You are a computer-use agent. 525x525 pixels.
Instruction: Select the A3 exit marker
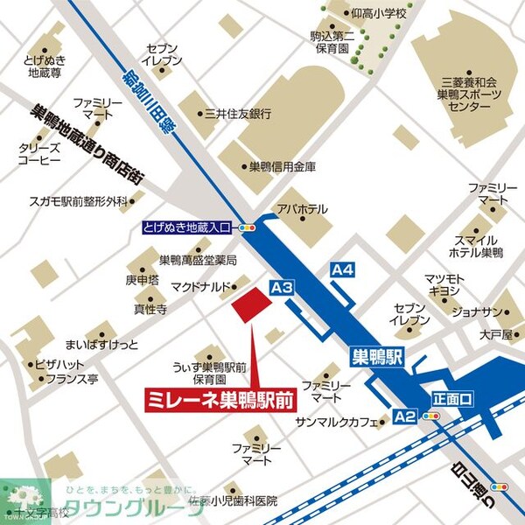coord(281,287)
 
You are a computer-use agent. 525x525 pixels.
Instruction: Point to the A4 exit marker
coord(342,270)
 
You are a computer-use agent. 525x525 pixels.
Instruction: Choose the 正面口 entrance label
coord(451,398)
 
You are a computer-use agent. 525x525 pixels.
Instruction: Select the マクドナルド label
coord(198,285)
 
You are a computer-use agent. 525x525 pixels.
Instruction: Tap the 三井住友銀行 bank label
coord(237,113)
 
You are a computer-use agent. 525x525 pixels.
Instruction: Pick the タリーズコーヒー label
coord(38,155)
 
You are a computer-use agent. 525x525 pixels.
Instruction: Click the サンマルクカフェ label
coord(335,422)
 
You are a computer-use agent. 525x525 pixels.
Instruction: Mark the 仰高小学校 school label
coord(378,14)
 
